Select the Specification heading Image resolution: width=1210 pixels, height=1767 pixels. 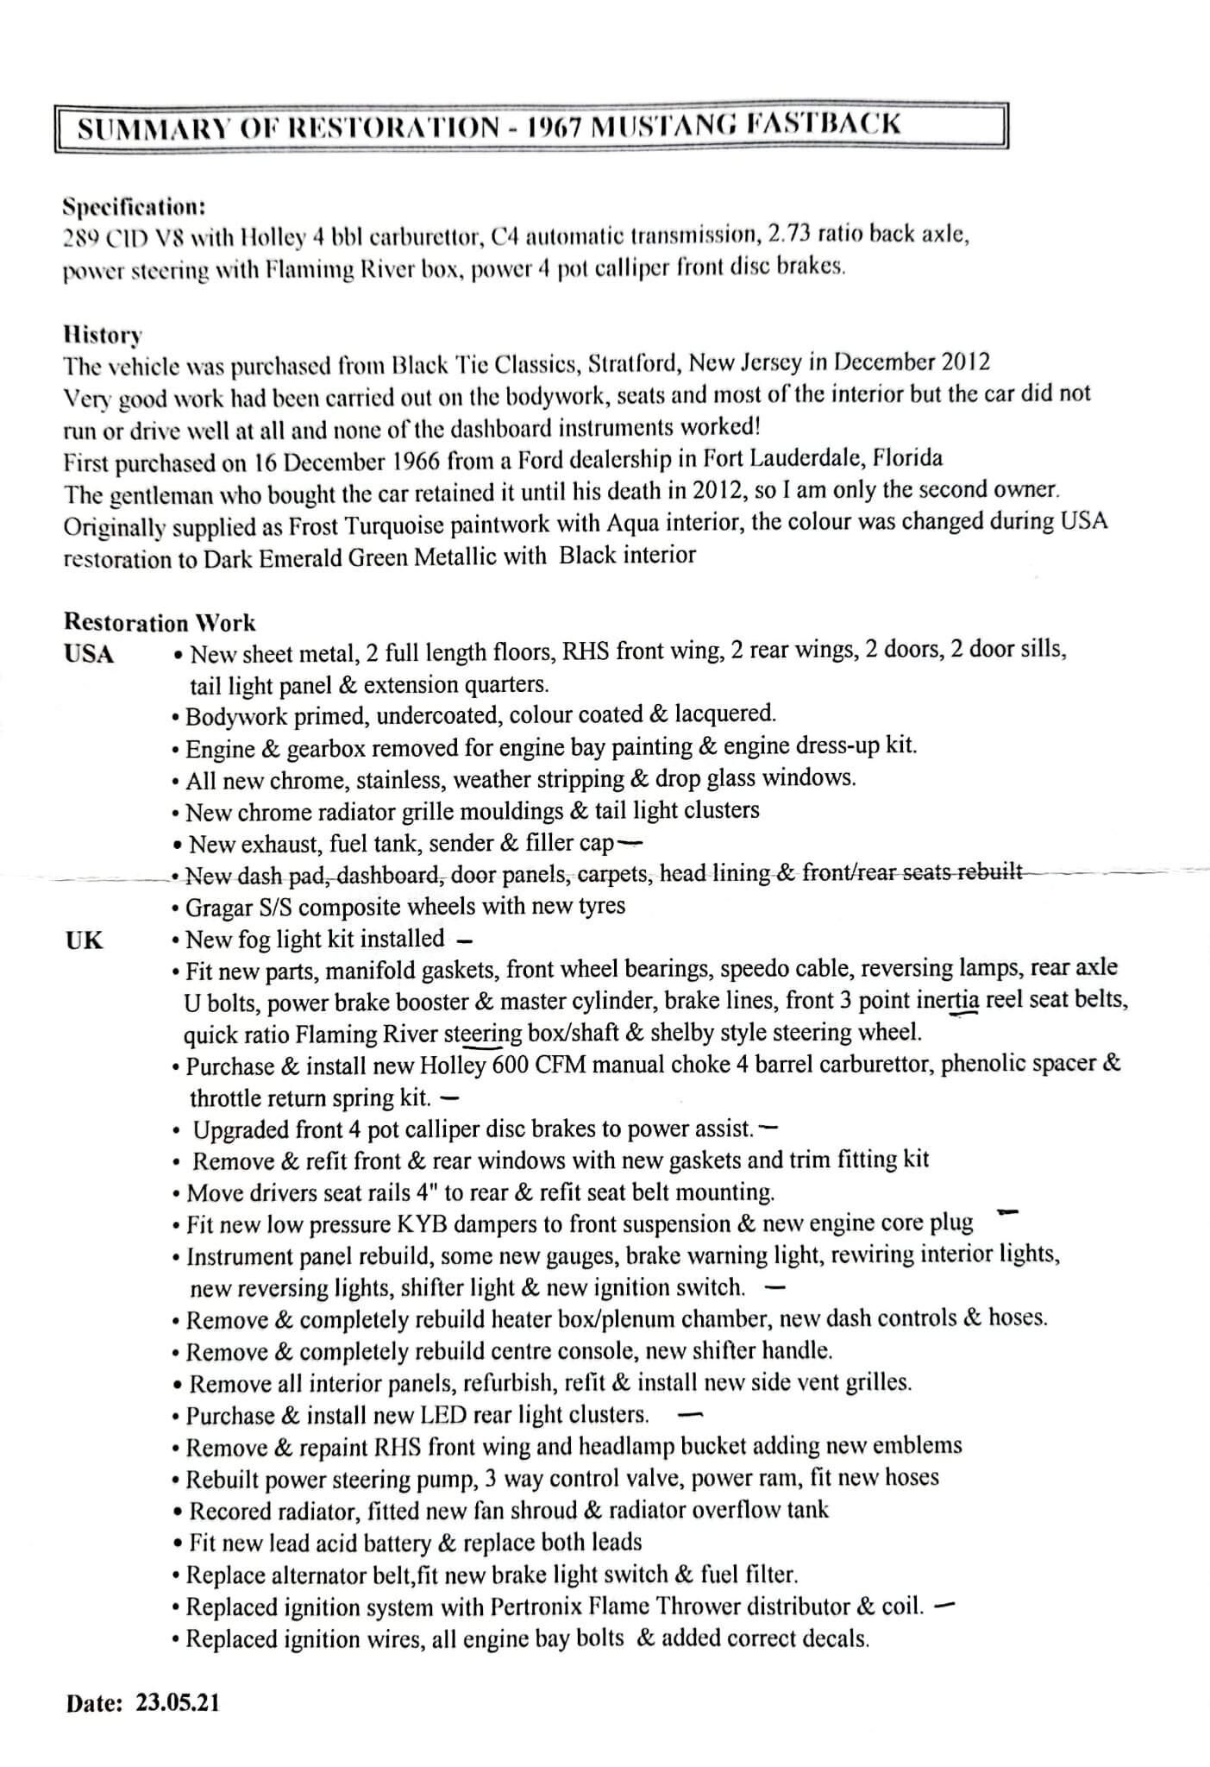(134, 207)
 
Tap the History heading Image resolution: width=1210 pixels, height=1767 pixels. (103, 334)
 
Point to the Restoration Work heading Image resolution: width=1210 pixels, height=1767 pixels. (160, 622)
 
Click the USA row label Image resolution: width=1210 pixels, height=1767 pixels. (89, 654)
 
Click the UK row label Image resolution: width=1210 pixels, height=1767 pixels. (84, 940)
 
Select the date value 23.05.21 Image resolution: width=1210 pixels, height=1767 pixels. (178, 1702)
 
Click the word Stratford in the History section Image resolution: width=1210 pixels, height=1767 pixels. (633, 363)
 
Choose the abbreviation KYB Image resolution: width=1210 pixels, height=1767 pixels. (425, 1223)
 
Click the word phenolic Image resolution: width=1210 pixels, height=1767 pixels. (985, 1063)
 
